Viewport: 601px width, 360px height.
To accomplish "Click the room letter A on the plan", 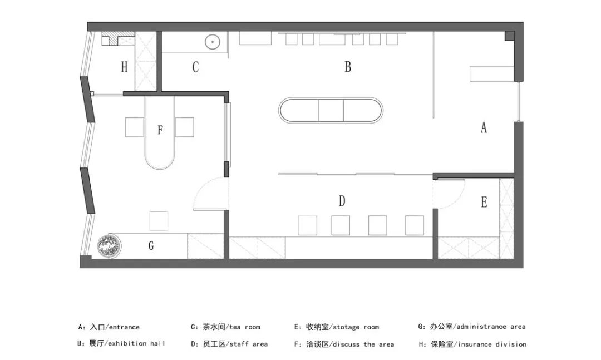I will tap(484, 127).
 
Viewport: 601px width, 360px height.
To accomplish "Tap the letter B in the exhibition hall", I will tap(348, 67).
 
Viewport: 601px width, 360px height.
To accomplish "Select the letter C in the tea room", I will tap(195, 67).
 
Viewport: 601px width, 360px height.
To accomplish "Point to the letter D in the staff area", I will tap(342, 201).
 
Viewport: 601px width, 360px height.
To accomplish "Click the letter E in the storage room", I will tap(484, 203).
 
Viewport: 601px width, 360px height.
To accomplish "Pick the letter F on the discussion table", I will tap(160, 130).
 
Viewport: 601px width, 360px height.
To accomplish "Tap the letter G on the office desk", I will tap(151, 246).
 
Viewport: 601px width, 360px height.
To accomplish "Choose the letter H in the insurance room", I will tap(124, 67).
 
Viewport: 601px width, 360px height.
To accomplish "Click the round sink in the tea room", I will tap(212, 41).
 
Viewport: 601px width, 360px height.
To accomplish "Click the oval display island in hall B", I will tap(331, 110).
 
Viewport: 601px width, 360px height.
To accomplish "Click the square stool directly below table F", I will tap(159, 221).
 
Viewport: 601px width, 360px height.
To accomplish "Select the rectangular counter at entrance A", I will tap(492, 73).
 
